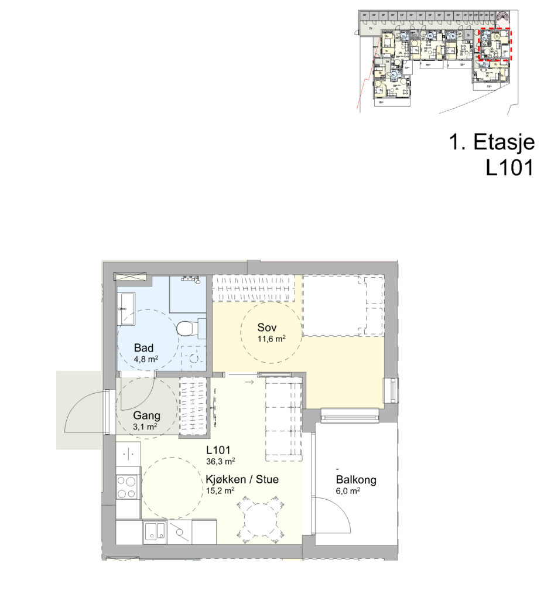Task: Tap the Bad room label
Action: (143, 348)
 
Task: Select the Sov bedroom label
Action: (267, 328)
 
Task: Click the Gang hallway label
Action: (146, 415)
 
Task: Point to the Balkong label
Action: (356, 480)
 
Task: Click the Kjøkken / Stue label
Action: (242, 479)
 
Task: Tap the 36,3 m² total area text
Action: (221, 462)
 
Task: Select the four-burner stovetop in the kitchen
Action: (127, 487)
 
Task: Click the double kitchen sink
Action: (155, 531)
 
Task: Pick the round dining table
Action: (261, 519)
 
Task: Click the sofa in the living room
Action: (284, 419)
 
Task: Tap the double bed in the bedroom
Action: (343, 305)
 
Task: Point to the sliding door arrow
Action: (249, 382)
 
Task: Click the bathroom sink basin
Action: (126, 309)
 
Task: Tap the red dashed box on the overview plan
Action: (495, 45)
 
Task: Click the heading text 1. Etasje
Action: (492, 142)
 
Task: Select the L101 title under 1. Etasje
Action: (509, 168)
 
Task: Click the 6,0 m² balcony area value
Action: (348, 491)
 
